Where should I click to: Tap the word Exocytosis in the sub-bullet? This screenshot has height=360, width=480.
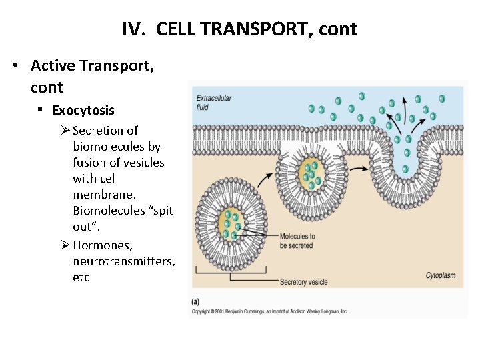[x=83, y=110]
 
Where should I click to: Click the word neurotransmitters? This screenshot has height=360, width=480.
[x=124, y=261]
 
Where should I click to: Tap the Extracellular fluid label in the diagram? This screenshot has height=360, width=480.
[x=213, y=102]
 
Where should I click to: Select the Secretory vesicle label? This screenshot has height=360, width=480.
[x=303, y=282]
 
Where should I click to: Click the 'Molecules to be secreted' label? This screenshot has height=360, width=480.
[x=297, y=241]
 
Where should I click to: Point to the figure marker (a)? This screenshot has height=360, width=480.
[x=196, y=301]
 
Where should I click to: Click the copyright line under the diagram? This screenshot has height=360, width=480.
[x=269, y=311]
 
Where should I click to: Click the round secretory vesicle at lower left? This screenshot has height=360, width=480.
[x=231, y=223]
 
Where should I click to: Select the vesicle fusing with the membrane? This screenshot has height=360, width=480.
[x=311, y=172]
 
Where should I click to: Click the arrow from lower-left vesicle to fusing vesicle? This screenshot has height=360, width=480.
[x=265, y=180]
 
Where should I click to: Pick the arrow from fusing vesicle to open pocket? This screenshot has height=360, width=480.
[x=360, y=169]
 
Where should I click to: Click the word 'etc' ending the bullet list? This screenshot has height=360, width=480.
[x=81, y=277]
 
